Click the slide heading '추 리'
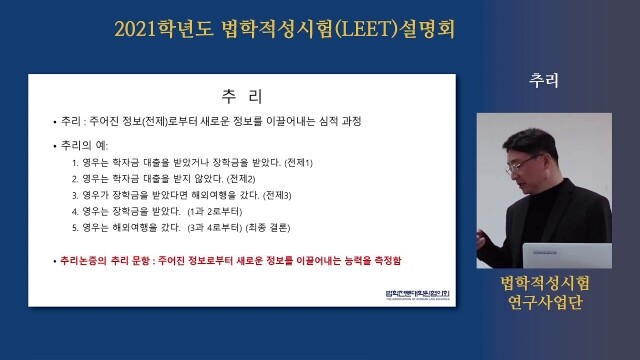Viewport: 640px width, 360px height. (241, 96)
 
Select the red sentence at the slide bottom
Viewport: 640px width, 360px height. (230, 259)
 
